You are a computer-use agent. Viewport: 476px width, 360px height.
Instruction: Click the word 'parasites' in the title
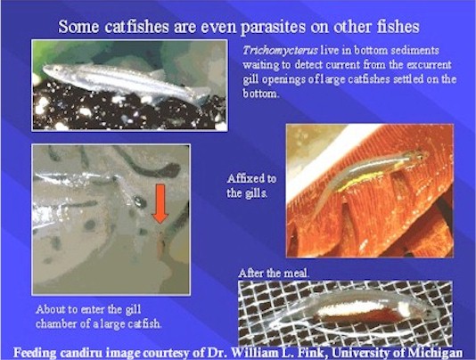point(273,27)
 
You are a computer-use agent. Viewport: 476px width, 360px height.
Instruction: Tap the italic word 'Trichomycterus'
point(280,51)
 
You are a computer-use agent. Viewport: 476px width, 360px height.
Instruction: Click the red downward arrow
point(160,204)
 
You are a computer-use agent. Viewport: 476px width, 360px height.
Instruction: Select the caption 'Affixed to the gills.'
point(251,185)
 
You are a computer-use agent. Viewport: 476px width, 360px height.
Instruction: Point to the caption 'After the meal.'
point(274,274)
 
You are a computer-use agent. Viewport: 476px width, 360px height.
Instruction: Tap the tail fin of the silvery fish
point(201,94)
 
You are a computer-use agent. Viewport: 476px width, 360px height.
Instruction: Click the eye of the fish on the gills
point(421,156)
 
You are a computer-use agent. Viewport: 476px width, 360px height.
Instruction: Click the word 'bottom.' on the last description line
point(260,94)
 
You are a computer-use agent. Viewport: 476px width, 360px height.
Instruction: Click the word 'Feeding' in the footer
point(35,354)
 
